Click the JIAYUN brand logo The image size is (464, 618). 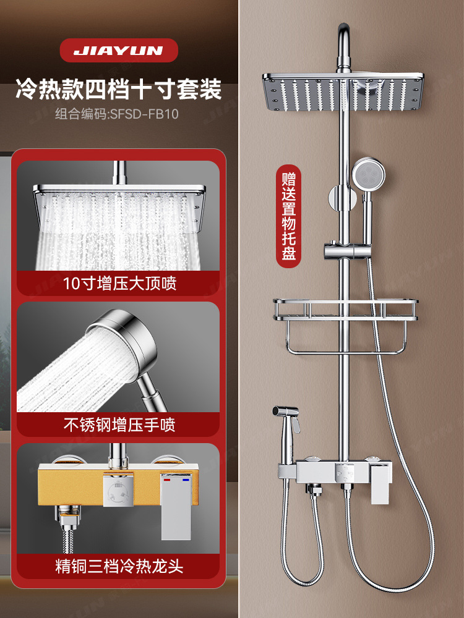pyautogui.click(x=118, y=51)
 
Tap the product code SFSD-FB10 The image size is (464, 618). pyautogui.click(x=118, y=114)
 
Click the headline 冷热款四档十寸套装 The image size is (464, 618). pyautogui.click(x=118, y=90)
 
